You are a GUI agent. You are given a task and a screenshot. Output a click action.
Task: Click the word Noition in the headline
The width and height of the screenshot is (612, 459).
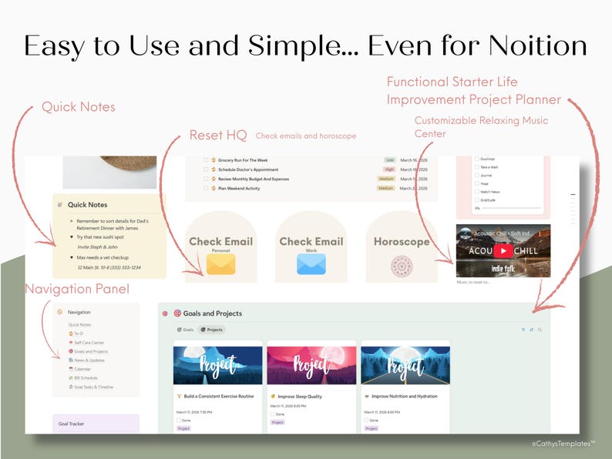[x=531, y=46]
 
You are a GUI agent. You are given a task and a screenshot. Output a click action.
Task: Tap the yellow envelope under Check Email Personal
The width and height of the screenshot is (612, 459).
[x=220, y=265]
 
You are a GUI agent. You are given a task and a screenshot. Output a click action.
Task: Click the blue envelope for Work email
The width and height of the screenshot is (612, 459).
[x=311, y=264]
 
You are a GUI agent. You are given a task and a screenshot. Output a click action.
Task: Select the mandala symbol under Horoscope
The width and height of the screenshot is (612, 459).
[x=402, y=266]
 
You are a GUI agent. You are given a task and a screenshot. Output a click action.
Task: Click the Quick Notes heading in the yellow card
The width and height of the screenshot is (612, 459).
[x=87, y=205]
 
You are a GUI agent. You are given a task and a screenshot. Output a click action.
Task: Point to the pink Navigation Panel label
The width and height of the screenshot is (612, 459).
[x=76, y=290]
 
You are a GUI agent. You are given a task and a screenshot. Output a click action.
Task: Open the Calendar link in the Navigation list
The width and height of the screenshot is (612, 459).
[x=82, y=369]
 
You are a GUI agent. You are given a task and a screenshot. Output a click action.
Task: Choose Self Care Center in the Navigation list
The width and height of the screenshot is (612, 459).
[x=89, y=342]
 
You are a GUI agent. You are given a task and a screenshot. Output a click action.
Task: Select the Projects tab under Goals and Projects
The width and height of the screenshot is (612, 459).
[x=212, y=330]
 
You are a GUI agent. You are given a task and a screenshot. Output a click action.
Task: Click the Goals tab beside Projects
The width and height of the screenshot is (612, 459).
[x=186, y=330]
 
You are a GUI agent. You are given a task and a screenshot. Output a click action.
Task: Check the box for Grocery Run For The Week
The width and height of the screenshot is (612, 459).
[x=206, y=160]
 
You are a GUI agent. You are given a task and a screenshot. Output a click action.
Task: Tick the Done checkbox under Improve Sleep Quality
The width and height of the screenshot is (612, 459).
[x=272, y=414]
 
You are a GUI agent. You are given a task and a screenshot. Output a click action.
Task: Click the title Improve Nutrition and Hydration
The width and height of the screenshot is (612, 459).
[x=400, y=397]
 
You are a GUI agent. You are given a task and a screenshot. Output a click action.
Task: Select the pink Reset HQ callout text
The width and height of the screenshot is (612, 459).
[x=218, y=136]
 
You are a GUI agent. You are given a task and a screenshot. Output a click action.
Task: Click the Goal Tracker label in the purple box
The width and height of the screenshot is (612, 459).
[x=71, y=424]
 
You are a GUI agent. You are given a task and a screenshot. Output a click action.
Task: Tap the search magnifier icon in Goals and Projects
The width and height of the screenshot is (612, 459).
[x=540, y=330]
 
